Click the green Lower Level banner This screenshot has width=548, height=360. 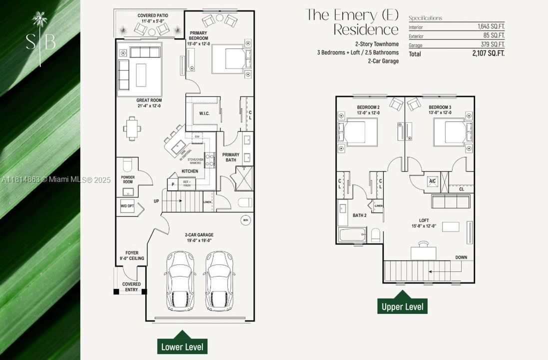point(182,346)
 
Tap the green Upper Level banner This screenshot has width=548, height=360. point(403,306)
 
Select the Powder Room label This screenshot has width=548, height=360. point(128,179)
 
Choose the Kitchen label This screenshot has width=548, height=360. point(189,171)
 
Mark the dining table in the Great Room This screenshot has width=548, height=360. point(132,128)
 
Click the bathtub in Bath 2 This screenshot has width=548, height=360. point(352,235)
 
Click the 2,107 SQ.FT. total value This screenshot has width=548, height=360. point(488,53)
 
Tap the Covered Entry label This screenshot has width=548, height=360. point(131,287)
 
